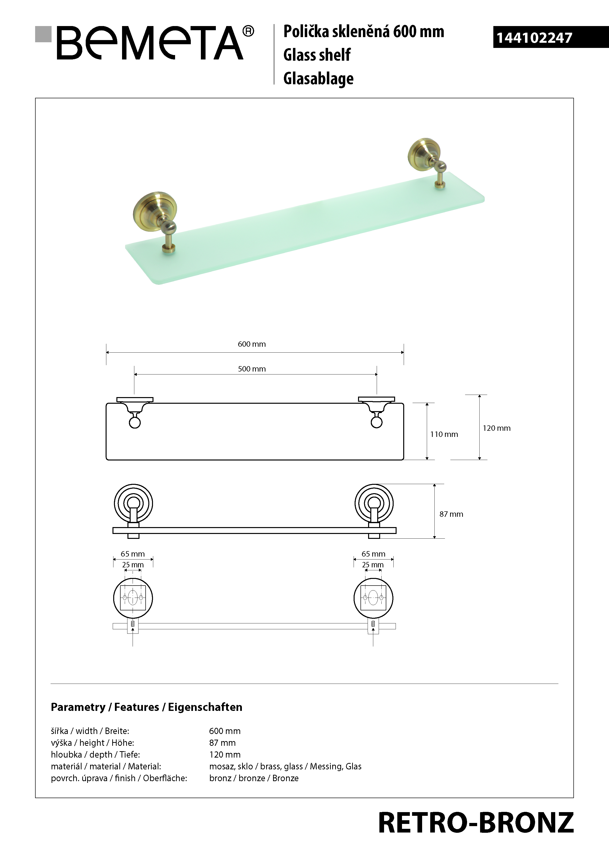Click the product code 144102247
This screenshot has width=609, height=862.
click(534, 38)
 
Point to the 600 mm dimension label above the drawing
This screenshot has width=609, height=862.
click(252, 344)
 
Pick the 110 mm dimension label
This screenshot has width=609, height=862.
click(444, 434)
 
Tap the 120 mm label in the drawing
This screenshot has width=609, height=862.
click(497, 428)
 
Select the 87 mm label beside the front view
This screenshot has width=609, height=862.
click(451, 514)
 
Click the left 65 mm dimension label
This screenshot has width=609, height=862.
click(132, 554)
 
